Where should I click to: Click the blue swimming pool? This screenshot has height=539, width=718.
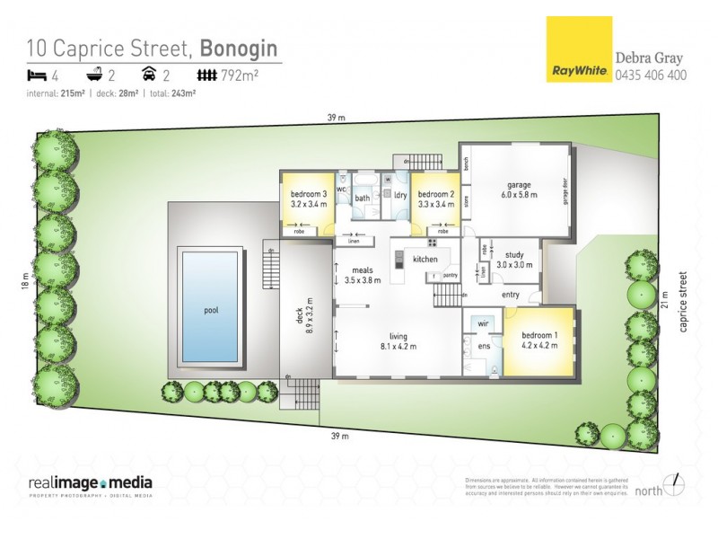coord(212,304)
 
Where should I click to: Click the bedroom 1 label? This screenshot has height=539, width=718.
coord(540,337)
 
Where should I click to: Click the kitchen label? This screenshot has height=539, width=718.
coord(425,260)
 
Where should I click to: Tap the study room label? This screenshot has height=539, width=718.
coord(513,255)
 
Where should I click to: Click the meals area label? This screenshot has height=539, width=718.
coord(363,269)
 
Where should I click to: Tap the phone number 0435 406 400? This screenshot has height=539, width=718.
coord(651,75)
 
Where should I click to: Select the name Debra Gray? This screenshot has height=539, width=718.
coord(649,58)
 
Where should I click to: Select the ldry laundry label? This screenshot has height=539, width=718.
coord(400,195)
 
